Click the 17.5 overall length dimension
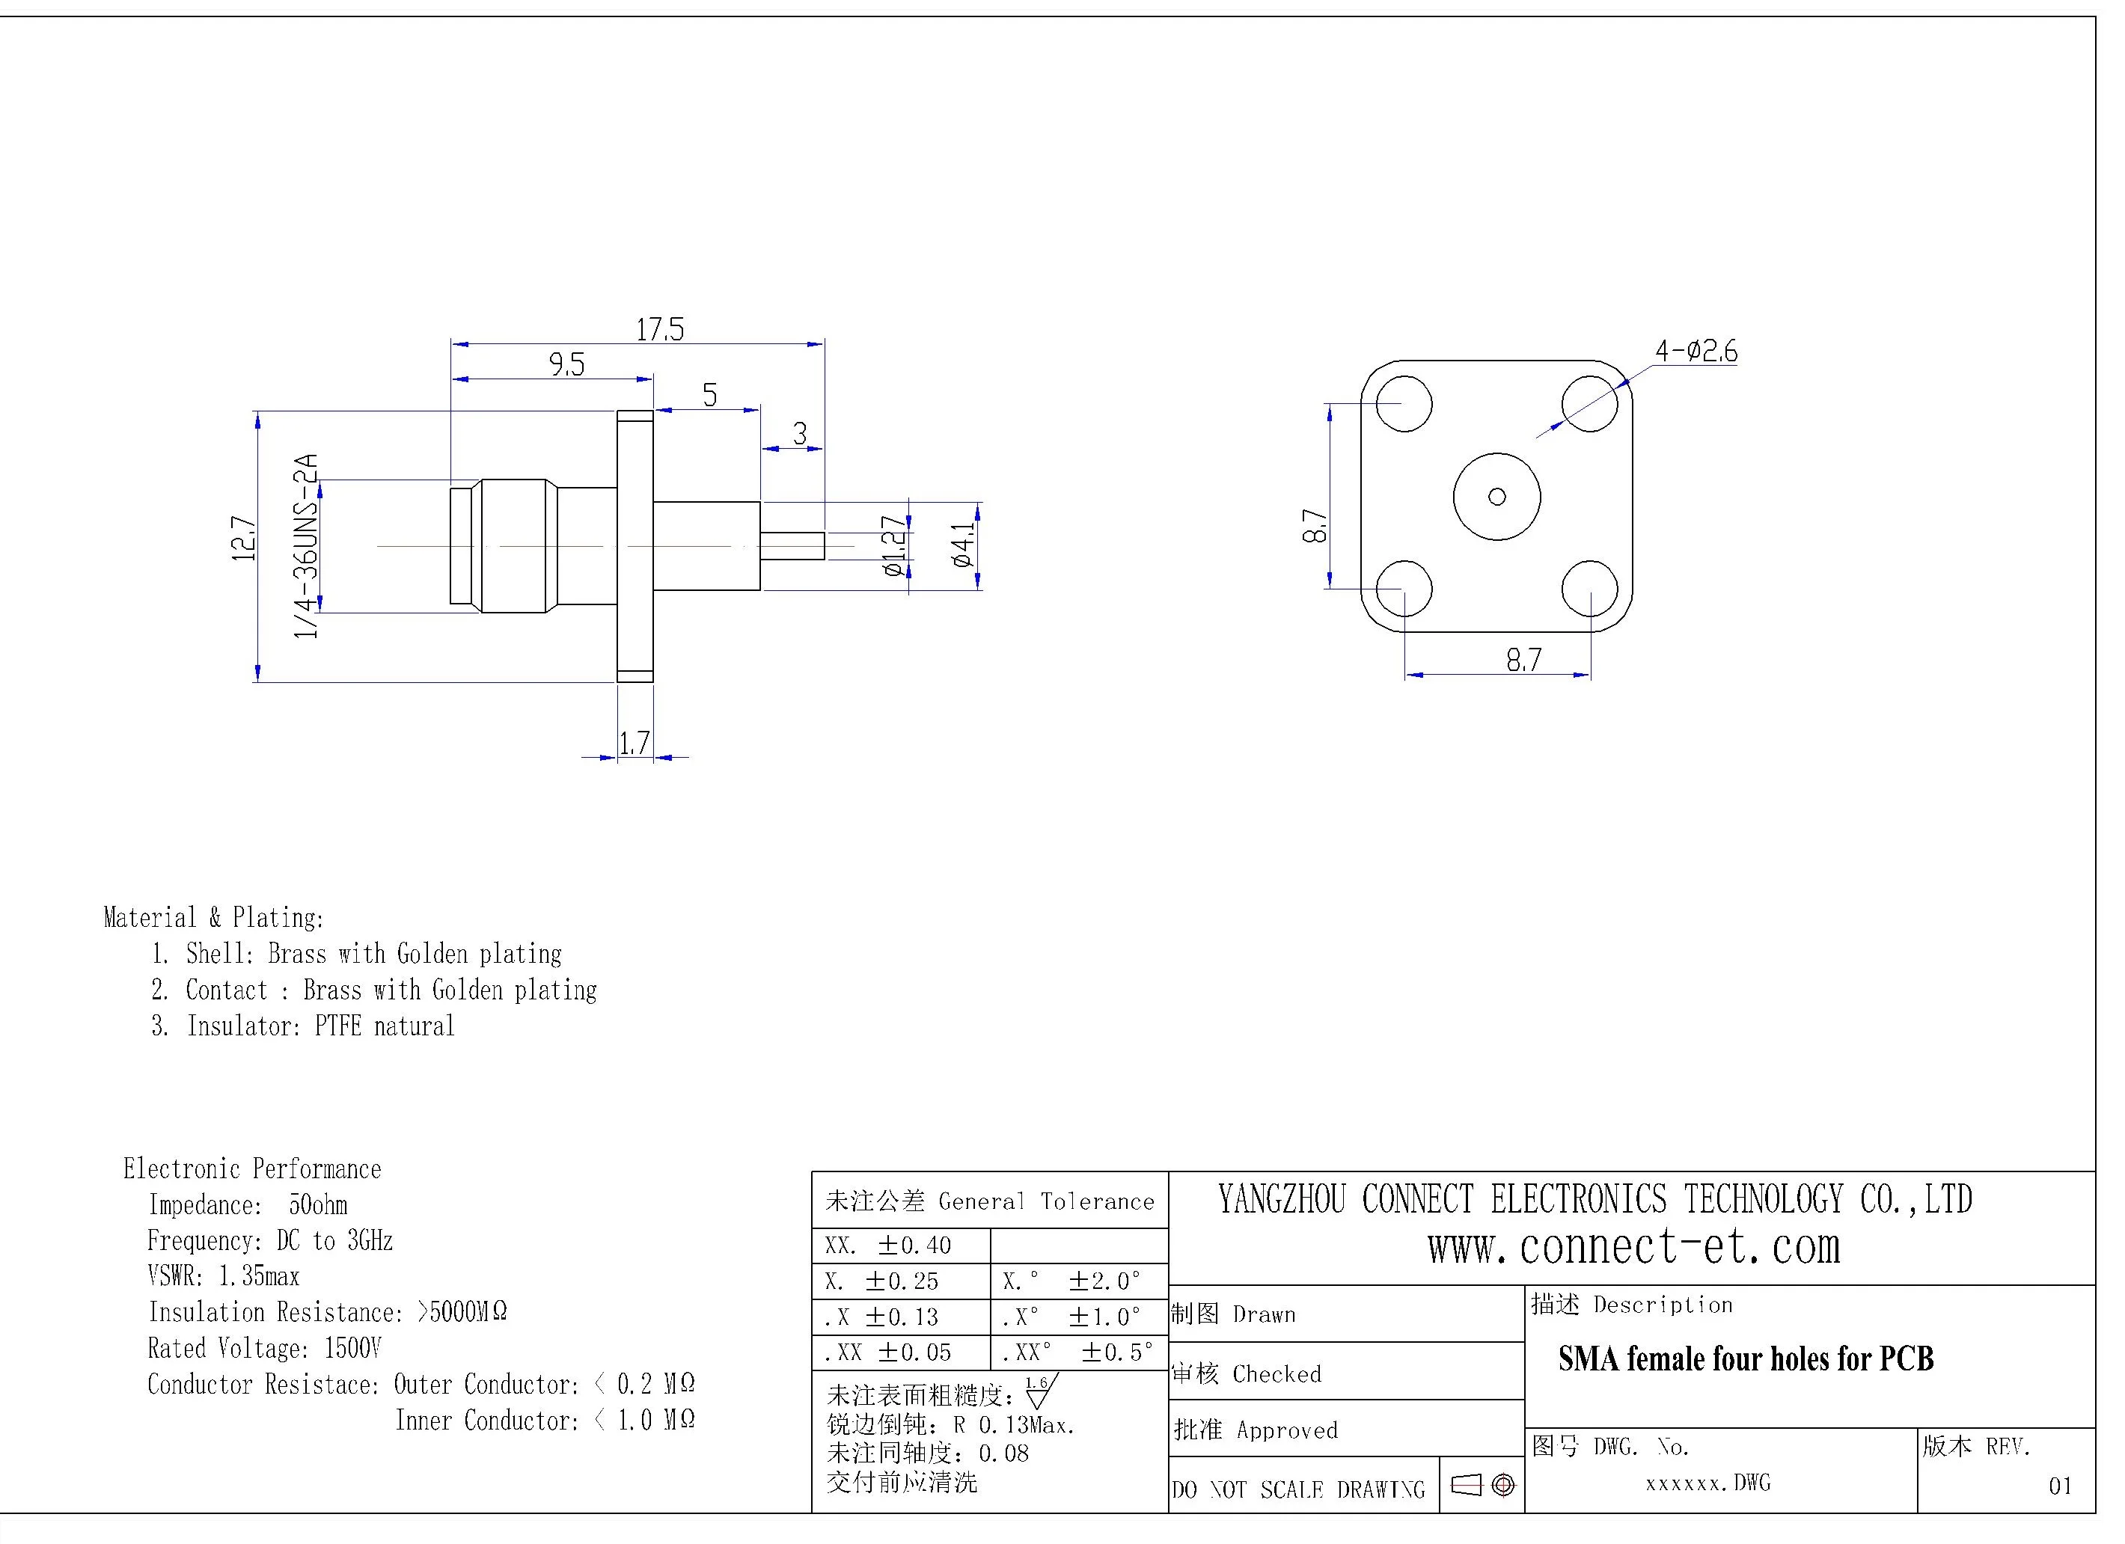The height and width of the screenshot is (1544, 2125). click(660, 330)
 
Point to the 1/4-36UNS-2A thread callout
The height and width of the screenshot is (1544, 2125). click(306, 546)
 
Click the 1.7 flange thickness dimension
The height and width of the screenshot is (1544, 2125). click(635, 743)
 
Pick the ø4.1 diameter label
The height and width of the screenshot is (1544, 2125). click(962, 545)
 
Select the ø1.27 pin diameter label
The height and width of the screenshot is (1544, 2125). click(895, 545)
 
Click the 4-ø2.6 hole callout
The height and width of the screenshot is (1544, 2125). click(1695, 352)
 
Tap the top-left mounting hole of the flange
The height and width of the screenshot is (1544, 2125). click(1404, 404)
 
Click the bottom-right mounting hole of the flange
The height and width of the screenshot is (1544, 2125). click(1590, 589)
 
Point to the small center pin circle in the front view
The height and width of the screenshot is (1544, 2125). click(1497, 497)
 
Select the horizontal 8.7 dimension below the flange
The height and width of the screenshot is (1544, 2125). click(1523, 661)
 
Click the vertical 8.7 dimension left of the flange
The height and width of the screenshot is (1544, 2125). click(1315, 527)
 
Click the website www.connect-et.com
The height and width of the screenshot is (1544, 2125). click(1633, 1247)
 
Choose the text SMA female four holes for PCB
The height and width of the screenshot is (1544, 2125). click(1746, 1358)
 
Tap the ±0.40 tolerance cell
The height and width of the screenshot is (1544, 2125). click(914, 1245)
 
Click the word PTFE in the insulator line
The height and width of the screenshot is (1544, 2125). click(337, 1026)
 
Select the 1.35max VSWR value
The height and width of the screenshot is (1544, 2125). click(259, 1276)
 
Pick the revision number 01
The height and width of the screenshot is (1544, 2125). click(2059, 1486)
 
